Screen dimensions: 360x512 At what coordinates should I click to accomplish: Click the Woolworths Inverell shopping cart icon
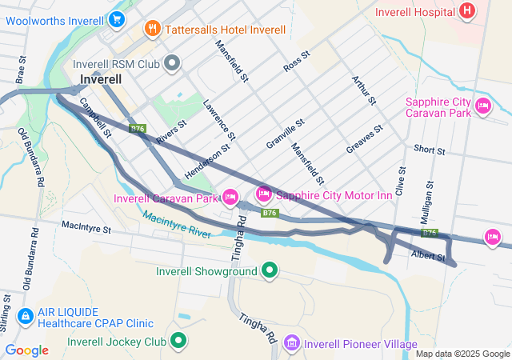click(118, 18)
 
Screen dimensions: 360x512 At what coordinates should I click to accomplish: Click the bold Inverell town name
click(101, 80)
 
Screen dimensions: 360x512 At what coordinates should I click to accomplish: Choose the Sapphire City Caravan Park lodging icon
click(482, 105)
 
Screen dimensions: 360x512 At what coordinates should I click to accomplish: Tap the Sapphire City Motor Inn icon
click(263, 194)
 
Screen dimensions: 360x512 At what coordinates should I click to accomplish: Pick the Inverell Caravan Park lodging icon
click(230, 197)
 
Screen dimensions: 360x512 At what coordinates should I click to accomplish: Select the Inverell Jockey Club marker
click(178, 342)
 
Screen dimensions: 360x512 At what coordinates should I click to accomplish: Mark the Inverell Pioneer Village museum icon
click(292, 343)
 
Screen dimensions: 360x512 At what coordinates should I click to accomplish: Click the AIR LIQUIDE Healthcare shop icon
click(25, 317)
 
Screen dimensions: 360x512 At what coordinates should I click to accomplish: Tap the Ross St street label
click(296, 61)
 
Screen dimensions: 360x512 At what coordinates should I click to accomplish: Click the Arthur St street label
click(364, 90)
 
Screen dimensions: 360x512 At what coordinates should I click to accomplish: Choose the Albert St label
click(428, 257)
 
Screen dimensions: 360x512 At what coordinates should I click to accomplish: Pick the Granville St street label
click(286, 134)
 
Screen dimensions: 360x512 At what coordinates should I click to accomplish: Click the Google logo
click(26, 350)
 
